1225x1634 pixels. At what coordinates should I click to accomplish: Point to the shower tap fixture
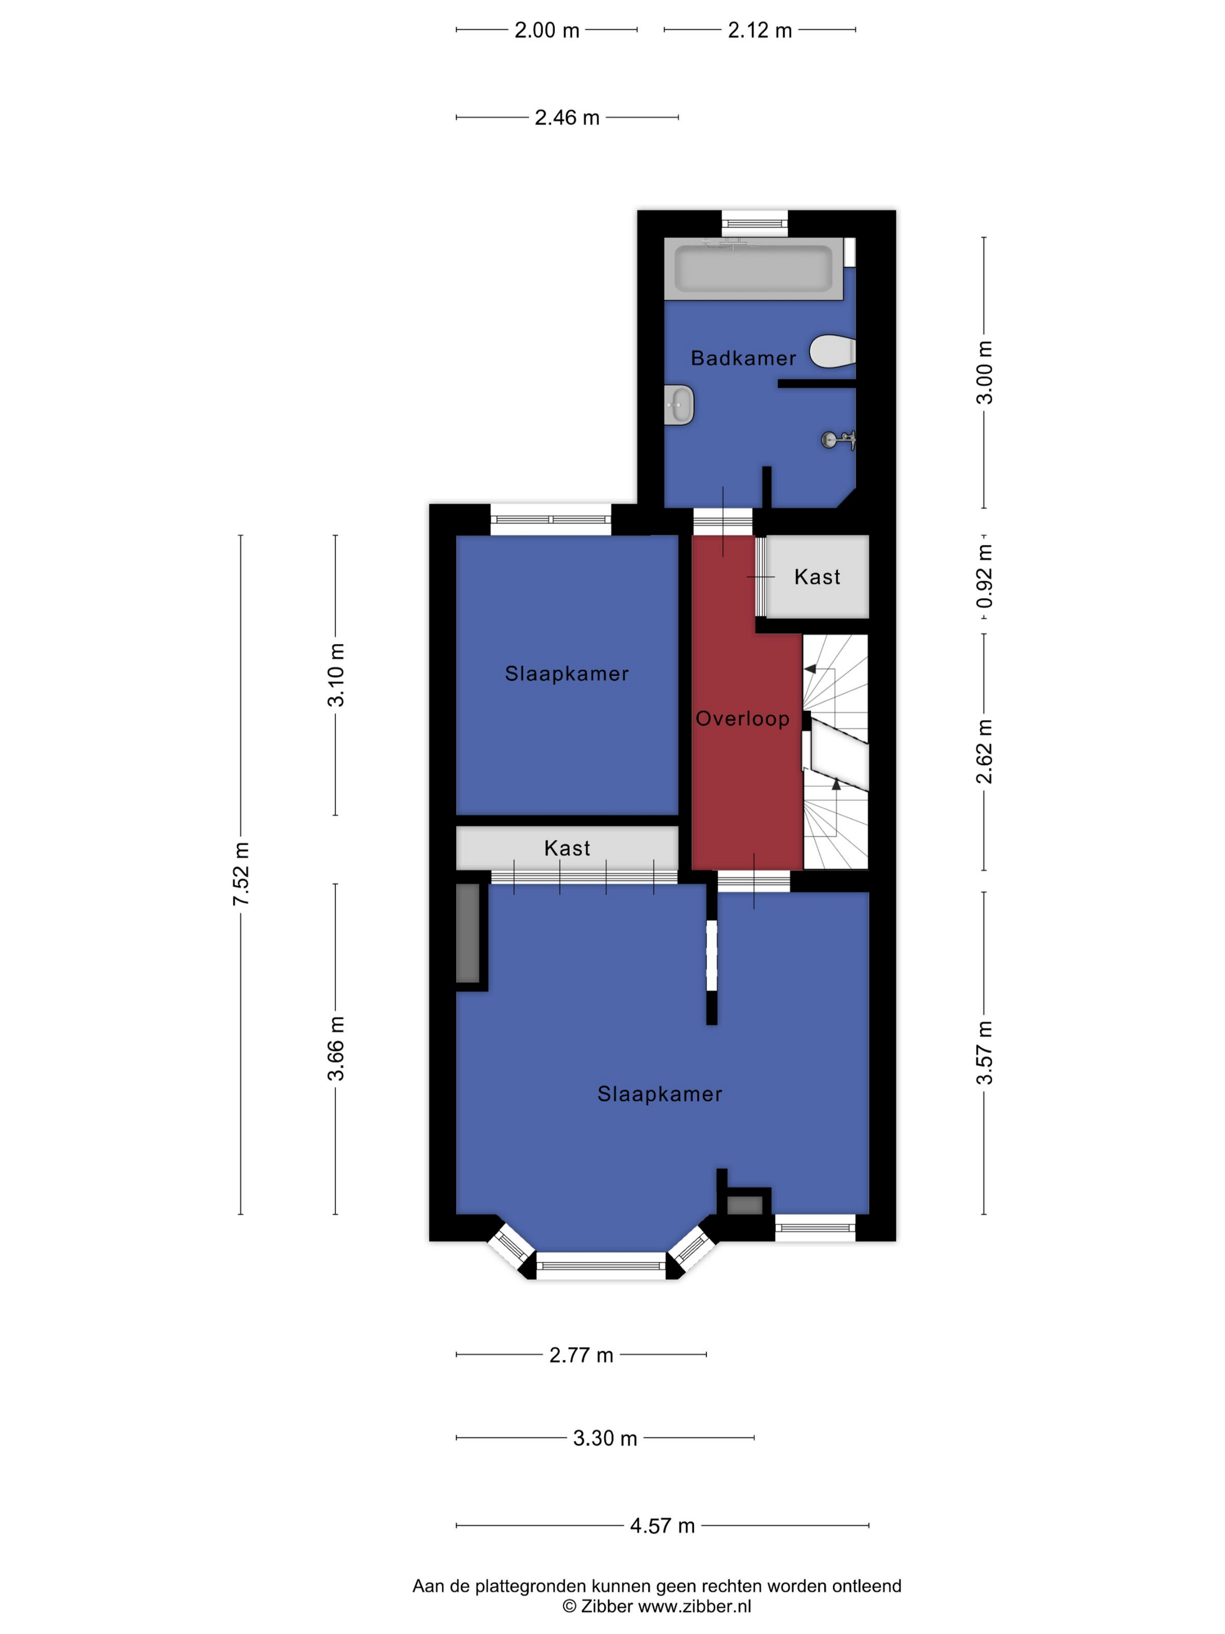(839, 440)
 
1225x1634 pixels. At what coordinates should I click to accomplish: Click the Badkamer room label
(743, 358)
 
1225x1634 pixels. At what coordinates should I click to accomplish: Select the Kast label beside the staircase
(817, 577)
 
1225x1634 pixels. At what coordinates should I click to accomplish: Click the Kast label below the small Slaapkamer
(567, 848)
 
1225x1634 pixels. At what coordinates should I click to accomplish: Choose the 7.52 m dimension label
(242, 874)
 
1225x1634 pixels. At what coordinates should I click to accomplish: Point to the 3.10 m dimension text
(336, 675)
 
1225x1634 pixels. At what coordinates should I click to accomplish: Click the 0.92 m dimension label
(984, 577)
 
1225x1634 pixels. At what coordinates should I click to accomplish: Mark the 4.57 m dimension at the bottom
(662, 1526)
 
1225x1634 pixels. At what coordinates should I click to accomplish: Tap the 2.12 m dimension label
(760, 30)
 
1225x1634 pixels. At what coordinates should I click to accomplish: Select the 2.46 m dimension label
(567, 117)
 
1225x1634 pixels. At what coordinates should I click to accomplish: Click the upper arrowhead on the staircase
(810, 669)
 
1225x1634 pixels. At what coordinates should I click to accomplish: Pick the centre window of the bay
(600, 1265)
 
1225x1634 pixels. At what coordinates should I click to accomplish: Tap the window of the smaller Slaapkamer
(551, 519)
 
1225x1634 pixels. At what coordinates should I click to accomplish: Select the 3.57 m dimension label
(984, 1053)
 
